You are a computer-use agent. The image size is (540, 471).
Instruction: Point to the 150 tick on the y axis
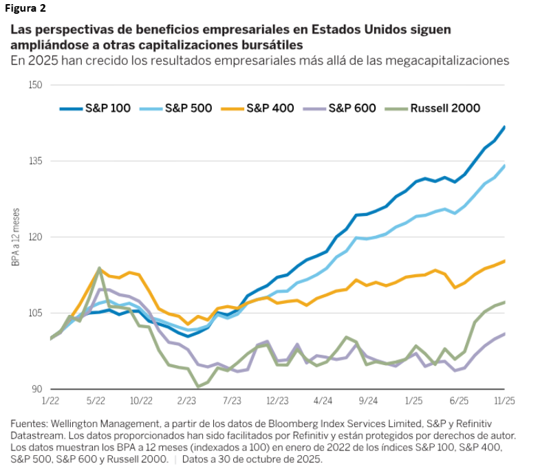pyautogui.click(x=35, y=85)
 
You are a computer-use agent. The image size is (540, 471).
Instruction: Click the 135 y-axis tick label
pyautogui.click(x=35, y=161)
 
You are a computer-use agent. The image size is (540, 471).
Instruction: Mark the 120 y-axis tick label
pyautogui.click(x=35, y=237)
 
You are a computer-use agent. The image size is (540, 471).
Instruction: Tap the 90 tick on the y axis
pyautogui.click(x=37, y=389)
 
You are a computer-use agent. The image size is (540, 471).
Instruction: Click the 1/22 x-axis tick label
pyautogui.click(x=50, y=399)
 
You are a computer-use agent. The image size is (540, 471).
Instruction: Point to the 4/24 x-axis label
pyautogui.click(x=323, y=399)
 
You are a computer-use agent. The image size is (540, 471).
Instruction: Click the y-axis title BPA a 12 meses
pyautogui.click(x=15, y=237)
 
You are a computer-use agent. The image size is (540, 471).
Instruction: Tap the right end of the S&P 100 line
pyautogui.click(x=504, y=127)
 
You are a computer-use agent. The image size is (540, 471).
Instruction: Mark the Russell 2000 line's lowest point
pyautogui.click(x=198, y=387)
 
